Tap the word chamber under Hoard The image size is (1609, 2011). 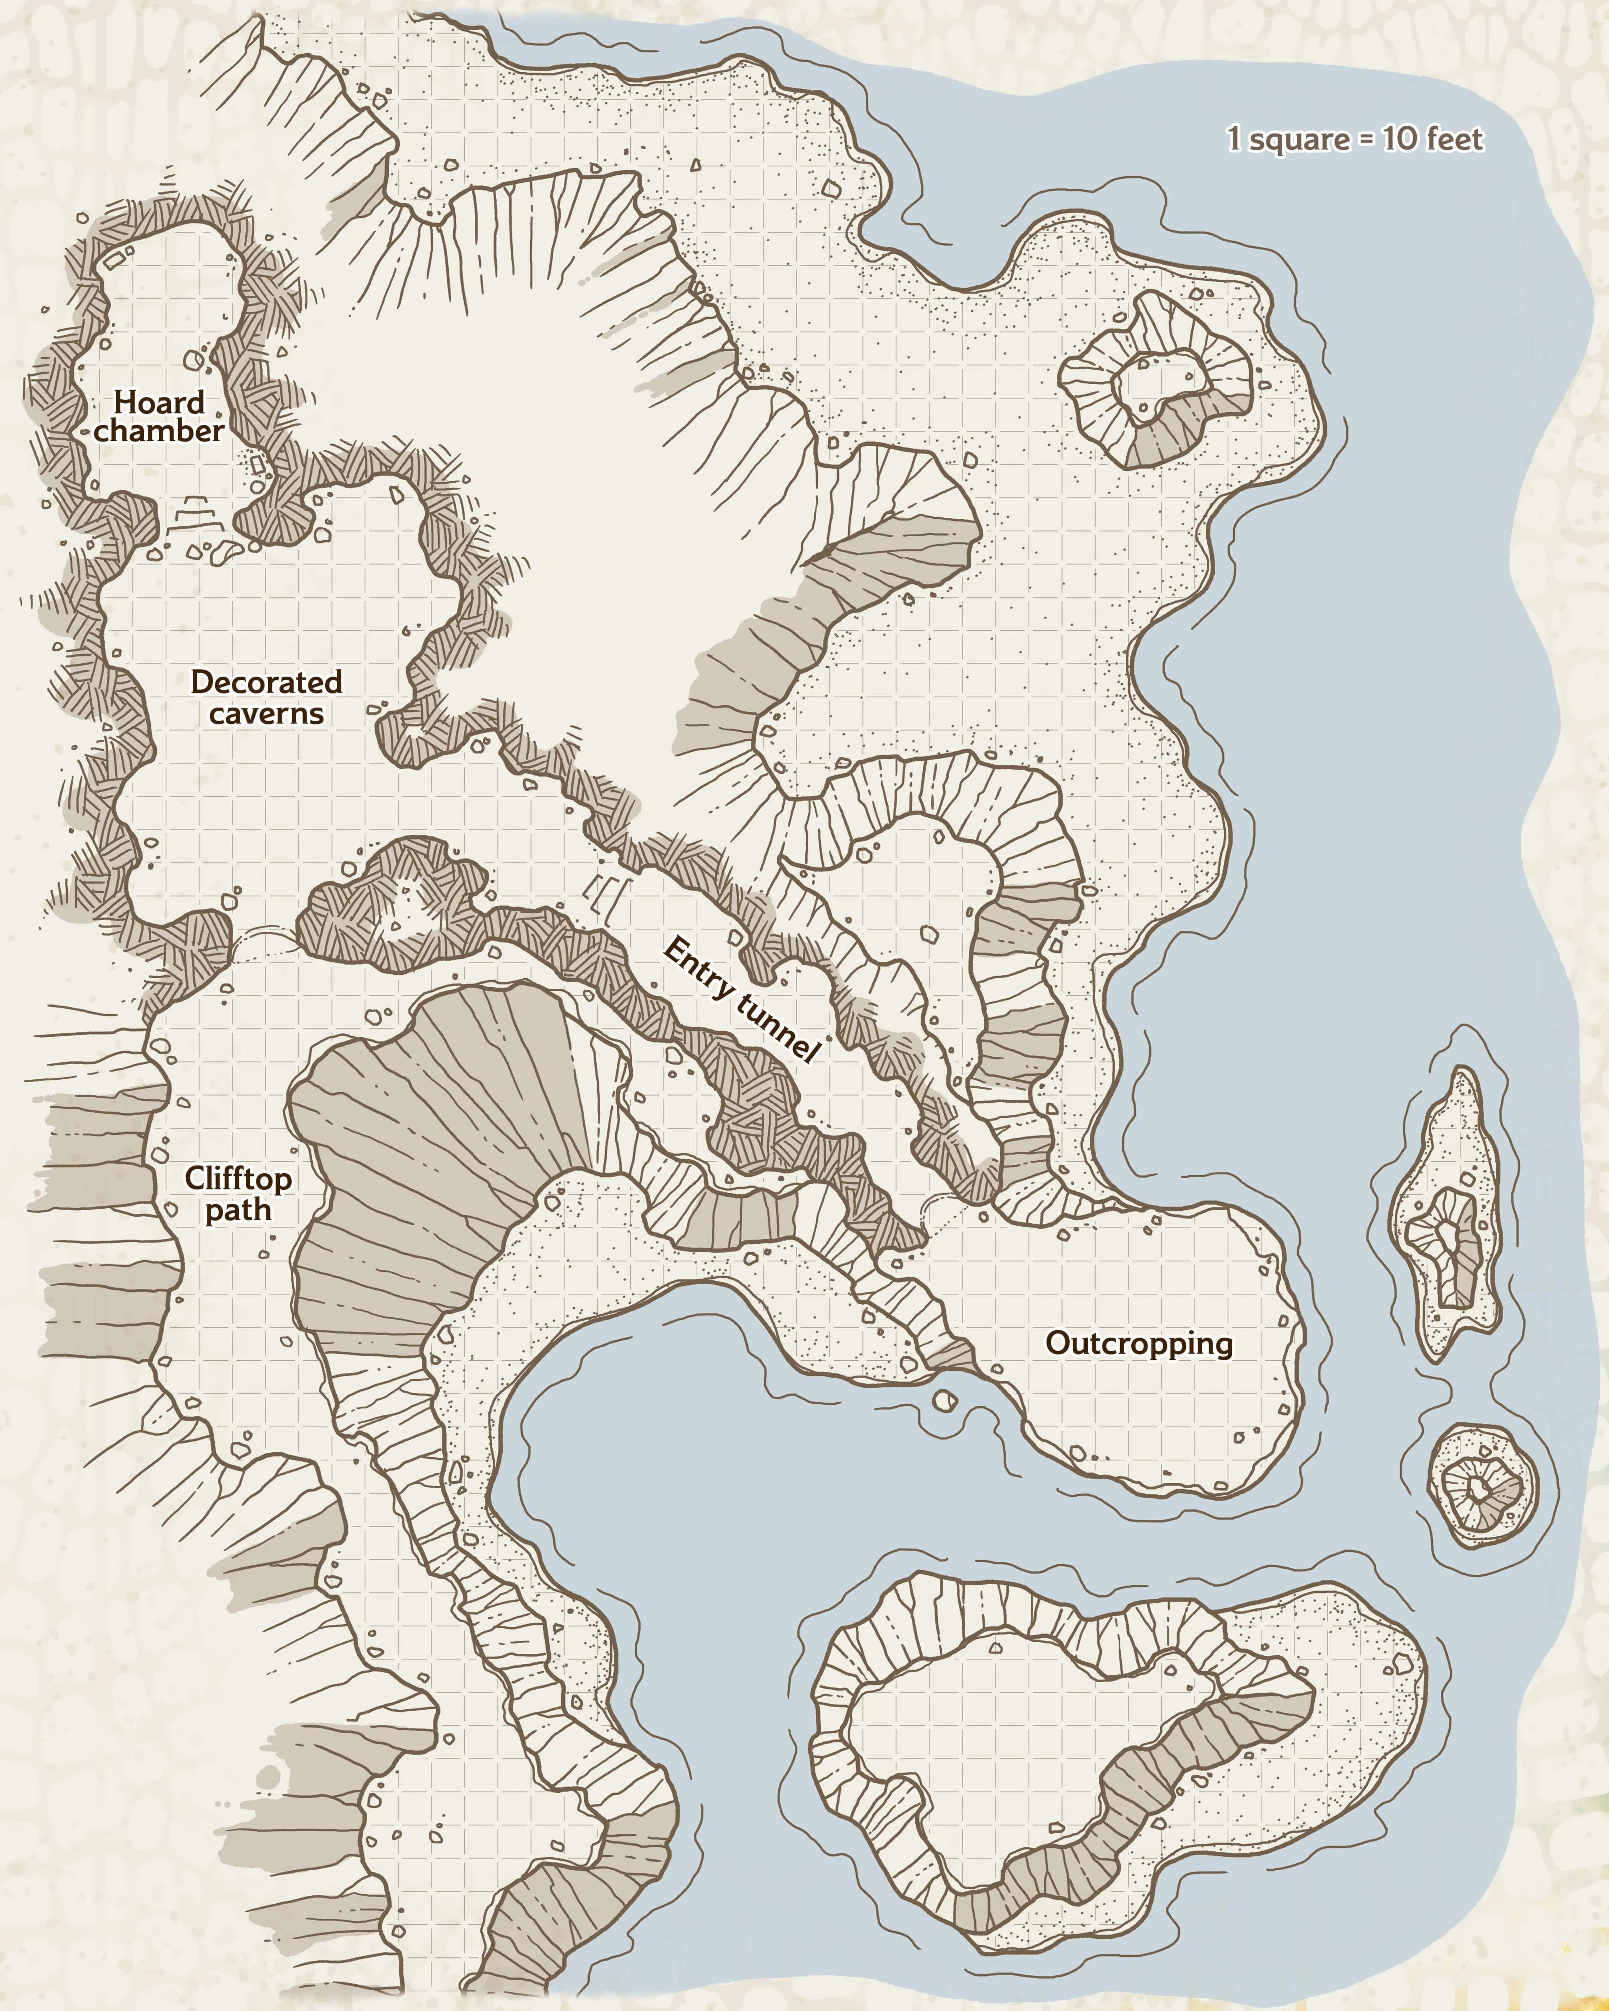158,431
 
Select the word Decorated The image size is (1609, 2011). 267,682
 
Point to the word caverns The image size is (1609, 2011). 267,713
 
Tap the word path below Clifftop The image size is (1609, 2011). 238,1210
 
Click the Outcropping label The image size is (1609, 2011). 1139,1343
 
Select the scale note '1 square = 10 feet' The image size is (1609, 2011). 1354,139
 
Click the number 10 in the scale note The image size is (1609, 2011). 1399,139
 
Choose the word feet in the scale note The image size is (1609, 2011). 1453,139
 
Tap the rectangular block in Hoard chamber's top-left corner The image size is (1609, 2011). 114,260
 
